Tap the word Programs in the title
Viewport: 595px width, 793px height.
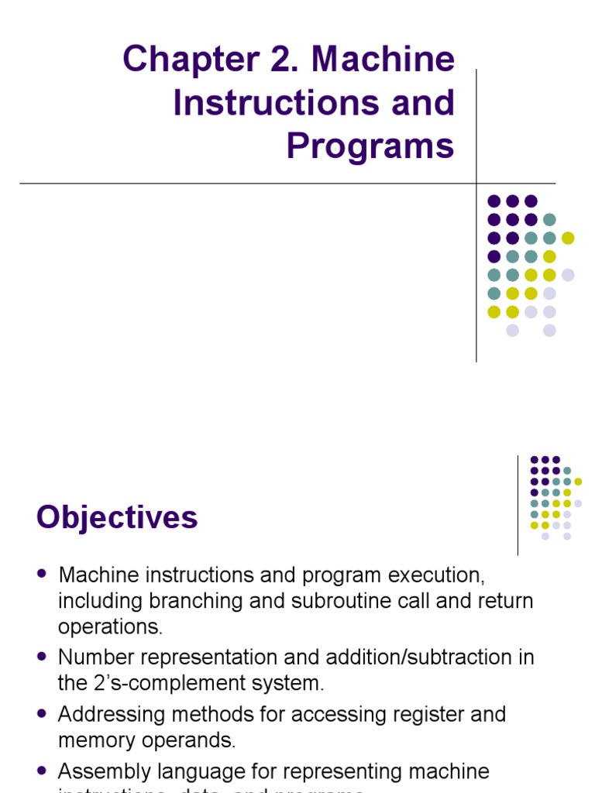tap(370, 146)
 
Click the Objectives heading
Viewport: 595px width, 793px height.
tap(117, 517)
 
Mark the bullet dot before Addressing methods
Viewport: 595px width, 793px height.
tap(43, 713)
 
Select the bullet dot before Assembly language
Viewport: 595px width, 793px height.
tap(43, 771)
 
